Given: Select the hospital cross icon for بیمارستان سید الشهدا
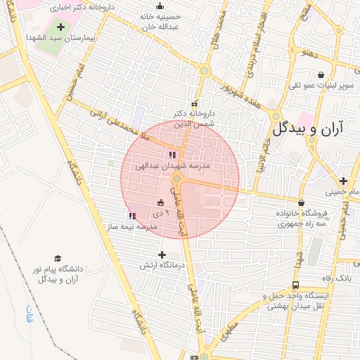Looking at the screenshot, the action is tap(60, 27).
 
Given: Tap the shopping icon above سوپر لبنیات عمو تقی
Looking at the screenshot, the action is tap(321, 75).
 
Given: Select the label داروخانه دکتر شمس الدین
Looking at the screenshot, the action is tap(197, 117).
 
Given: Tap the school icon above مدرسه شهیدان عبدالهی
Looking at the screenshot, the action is tap(172, 155).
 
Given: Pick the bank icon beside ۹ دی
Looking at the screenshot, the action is tap(160, 203).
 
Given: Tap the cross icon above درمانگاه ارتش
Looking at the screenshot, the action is tap(162, 255).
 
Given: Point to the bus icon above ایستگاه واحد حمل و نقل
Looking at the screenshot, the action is tap(295, 285).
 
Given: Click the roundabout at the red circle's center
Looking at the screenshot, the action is tap(177, 179).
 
